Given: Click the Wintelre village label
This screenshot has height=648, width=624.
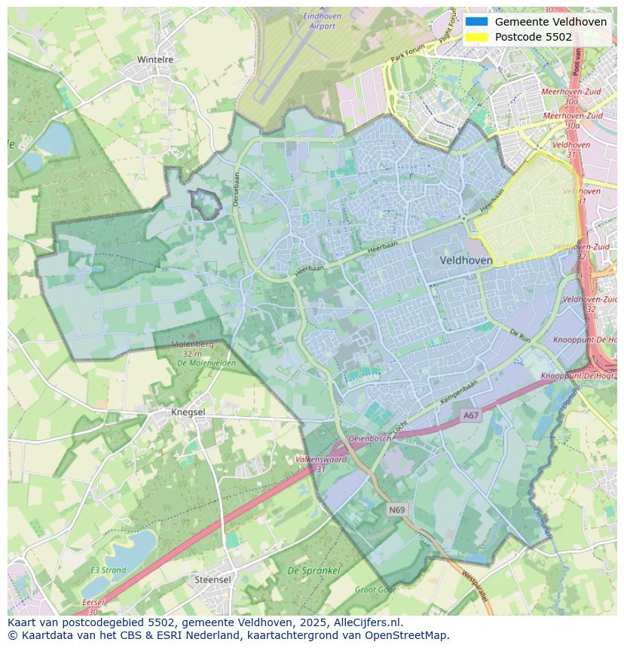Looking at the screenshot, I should [154, 59].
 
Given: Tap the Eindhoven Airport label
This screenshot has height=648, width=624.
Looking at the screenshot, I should [322, 21].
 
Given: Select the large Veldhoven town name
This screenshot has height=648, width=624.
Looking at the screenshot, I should [466, 260].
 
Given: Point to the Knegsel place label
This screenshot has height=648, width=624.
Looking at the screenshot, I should [188, 412].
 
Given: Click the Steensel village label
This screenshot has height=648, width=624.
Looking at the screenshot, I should [213, 580].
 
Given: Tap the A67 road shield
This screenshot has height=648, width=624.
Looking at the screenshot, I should [471, 415].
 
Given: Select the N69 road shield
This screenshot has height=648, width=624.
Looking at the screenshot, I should [397, 510].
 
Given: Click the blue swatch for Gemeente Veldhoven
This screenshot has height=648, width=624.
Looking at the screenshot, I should [476, 22].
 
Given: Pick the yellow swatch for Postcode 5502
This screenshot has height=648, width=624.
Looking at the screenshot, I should [476, 37].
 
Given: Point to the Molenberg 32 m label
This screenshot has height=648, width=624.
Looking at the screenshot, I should [192, 348].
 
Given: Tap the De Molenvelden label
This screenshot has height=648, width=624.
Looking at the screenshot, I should [206, 363].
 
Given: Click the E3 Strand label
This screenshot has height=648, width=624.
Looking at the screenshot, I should [108, 570].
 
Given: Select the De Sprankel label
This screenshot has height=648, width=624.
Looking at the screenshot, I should [314, 571].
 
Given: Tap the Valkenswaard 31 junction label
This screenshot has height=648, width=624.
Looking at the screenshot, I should [321, 463].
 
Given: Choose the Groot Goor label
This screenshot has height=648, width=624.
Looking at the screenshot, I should [375, 590].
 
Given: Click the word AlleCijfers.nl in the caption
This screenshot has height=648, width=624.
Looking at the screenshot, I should [368, 622].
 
